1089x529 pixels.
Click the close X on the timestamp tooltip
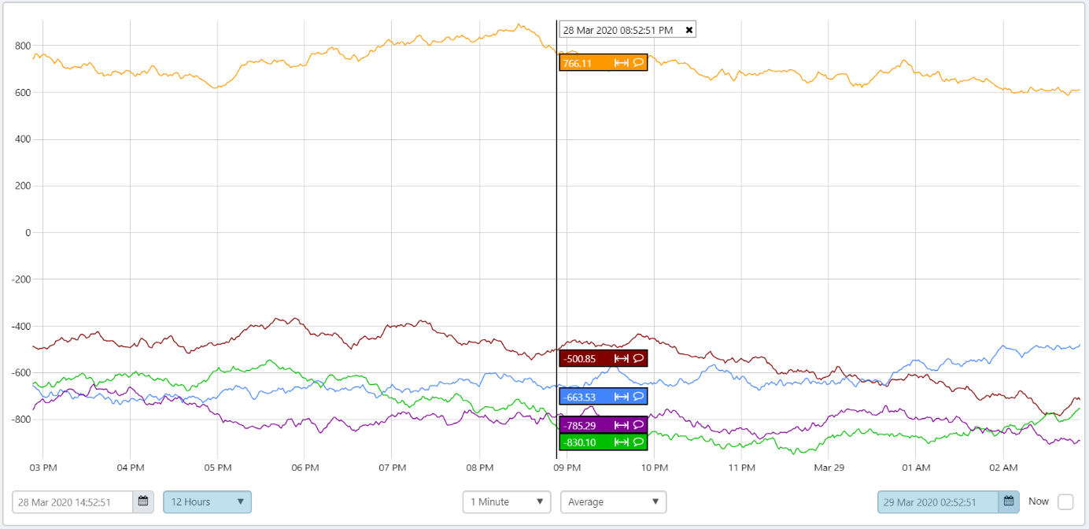(689, 30)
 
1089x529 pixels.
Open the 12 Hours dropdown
(207, 502)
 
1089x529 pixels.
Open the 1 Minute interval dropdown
(507, 502)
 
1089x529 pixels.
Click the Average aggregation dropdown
(613, 502)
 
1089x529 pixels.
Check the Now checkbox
(1065, 502)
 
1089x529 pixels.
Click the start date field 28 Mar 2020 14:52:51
(72, 502)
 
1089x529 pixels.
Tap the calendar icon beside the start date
(143, 501)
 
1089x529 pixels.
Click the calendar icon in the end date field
(1009, 501)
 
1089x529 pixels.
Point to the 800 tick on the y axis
(22, 46)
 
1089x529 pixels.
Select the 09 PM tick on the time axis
(567, 468)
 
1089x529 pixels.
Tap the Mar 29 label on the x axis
(829, 468)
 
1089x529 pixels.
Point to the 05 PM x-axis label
(217, 468)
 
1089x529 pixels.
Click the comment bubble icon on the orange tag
(638, 63)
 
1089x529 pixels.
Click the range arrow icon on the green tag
(621, 442)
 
